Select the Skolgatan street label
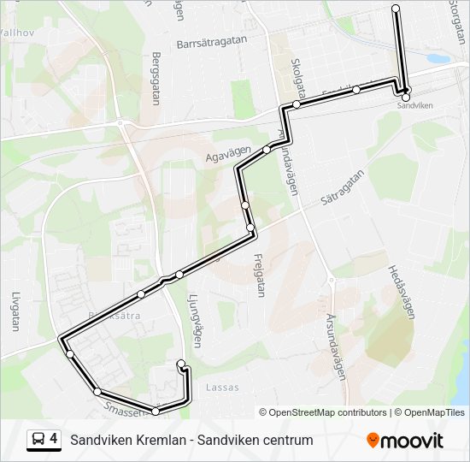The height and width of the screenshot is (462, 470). click(x=298, y=78)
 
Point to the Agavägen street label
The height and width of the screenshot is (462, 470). click(x=228, y=154)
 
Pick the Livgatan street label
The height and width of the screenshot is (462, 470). click(x=15, y=311)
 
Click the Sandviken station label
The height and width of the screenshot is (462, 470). click(x=415, y=105)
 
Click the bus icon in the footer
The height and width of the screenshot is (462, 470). click(x=38, y=440)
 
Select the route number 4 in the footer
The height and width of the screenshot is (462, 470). click(x=54, y=440)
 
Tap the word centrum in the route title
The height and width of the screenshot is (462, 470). click(x=285, y=440)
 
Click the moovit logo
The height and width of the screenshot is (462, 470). click(x=405, y=440)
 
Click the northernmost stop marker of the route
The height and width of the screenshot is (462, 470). click(x=396, y=9)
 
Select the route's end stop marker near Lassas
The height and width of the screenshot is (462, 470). click(x=180, y=365)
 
